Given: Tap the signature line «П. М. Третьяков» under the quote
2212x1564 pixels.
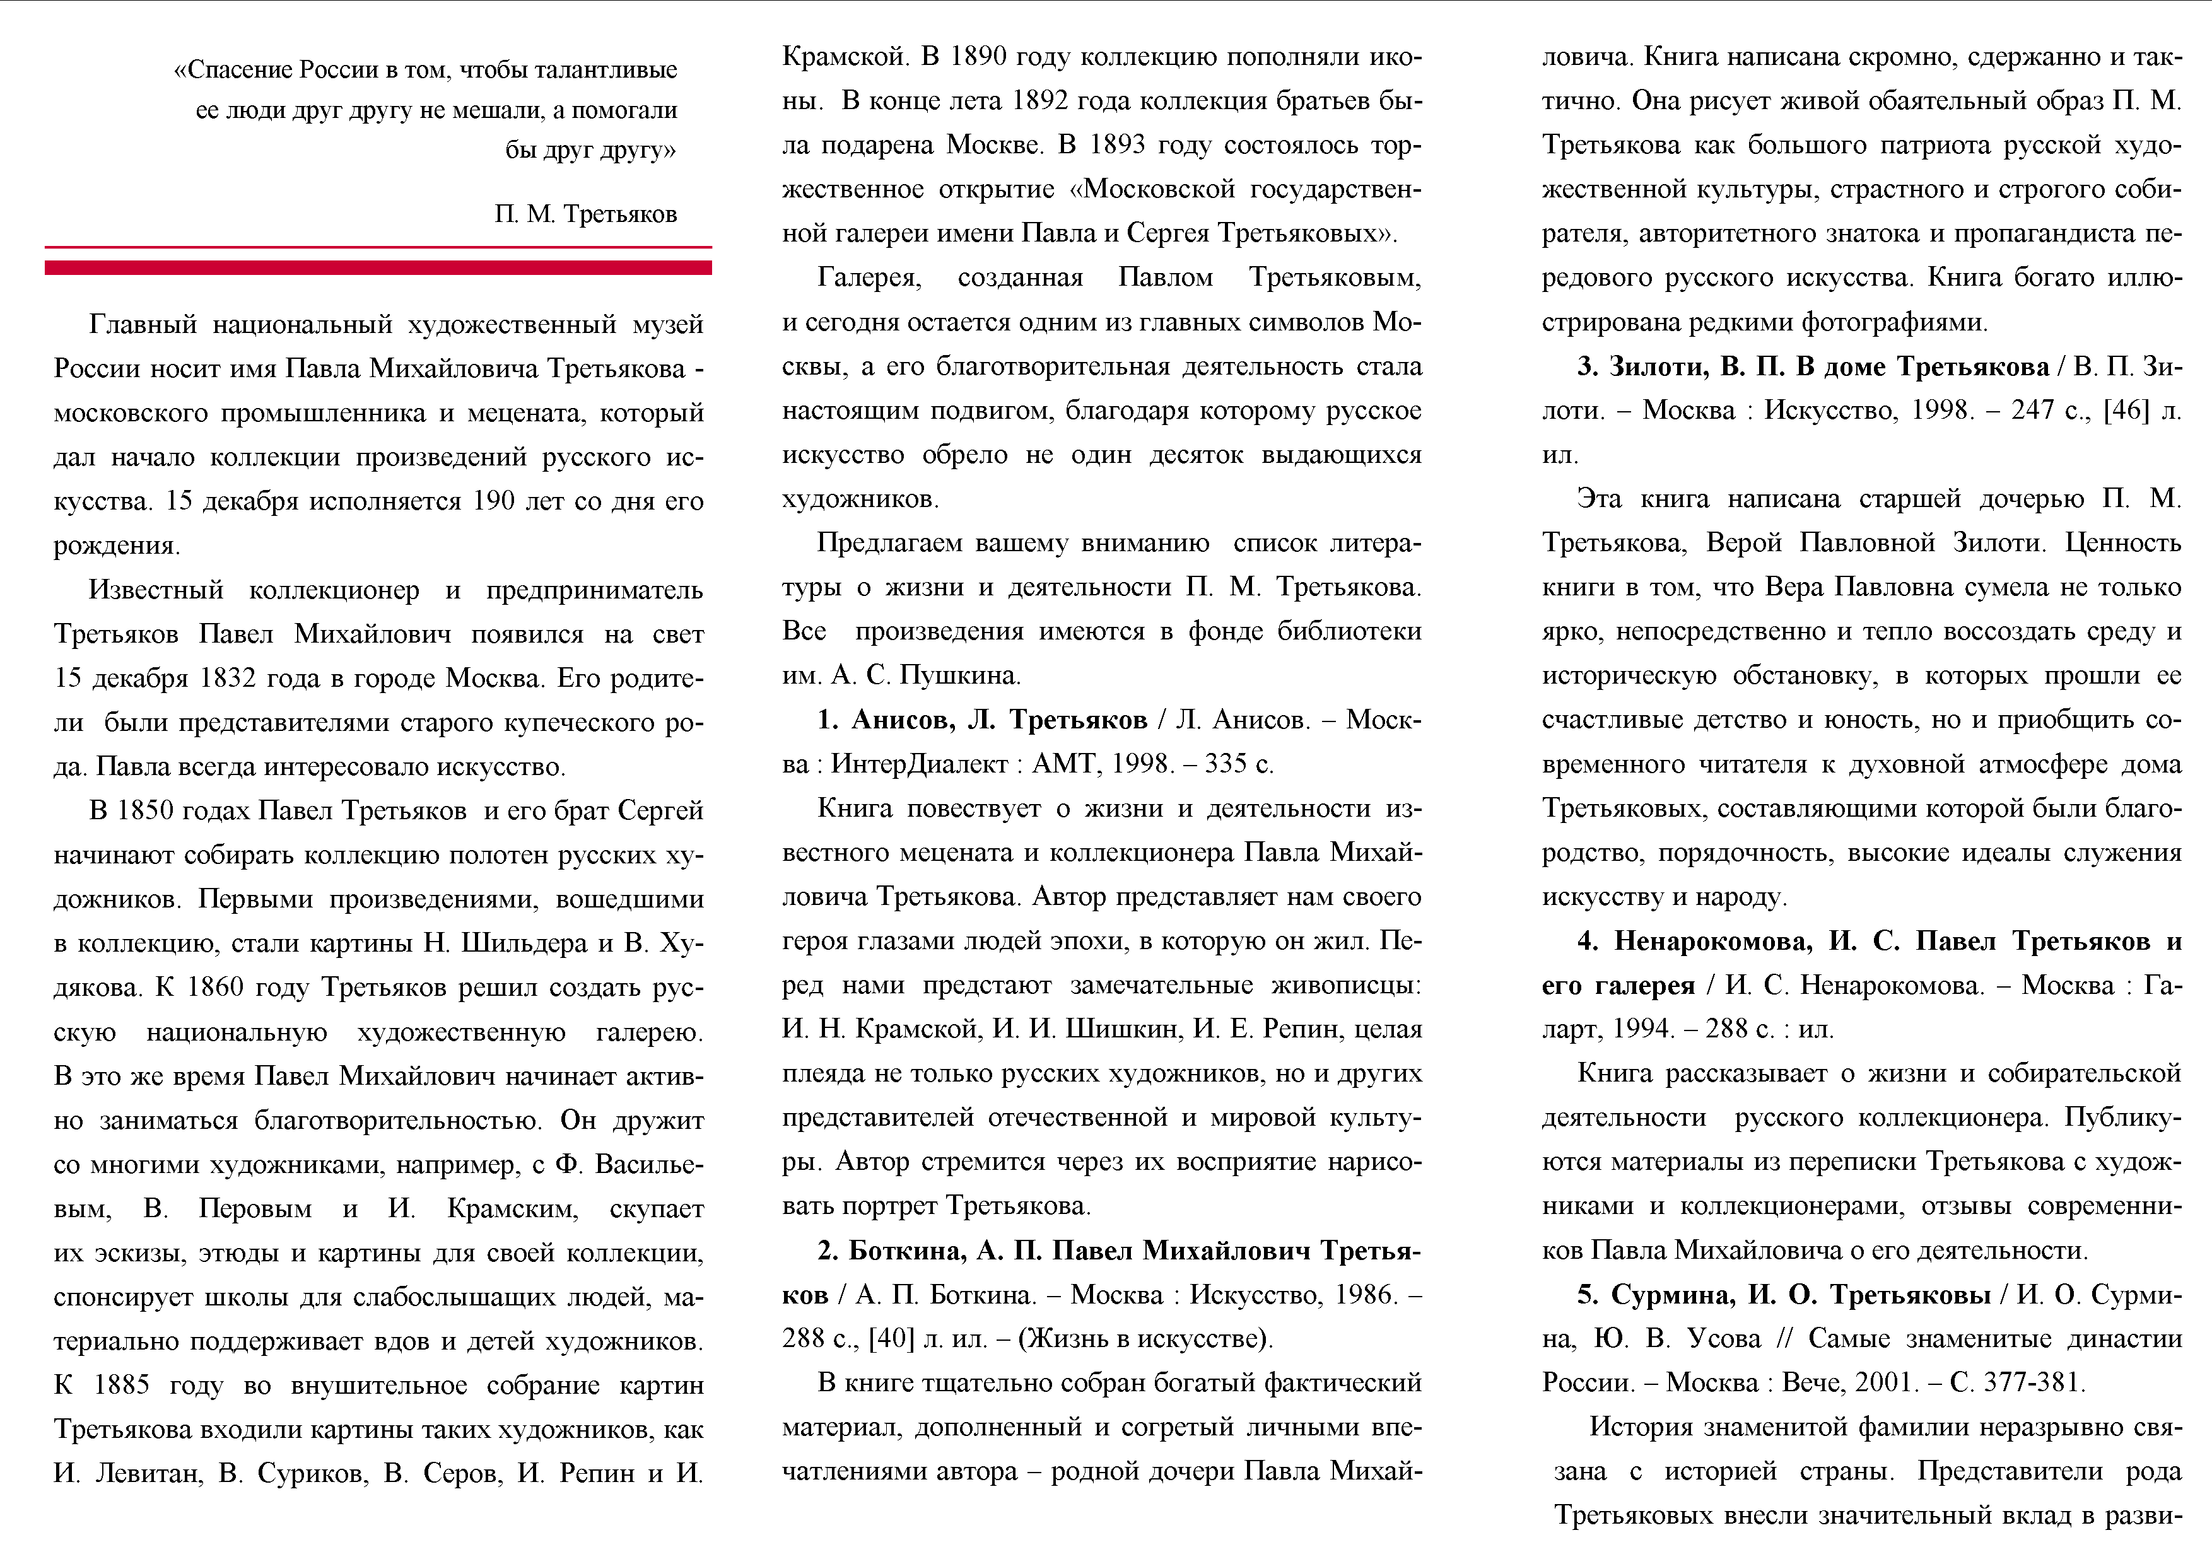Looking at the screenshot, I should coord(586,214).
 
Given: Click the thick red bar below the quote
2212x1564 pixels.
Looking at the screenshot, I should coord(378,268).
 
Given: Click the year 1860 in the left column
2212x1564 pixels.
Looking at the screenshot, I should coord(221,987).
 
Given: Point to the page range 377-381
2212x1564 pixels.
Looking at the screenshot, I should coord(2033,1383).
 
